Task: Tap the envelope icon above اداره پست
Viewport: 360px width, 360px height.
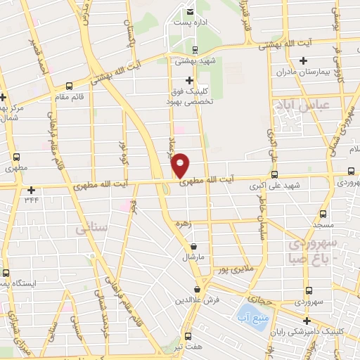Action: coord(191,11)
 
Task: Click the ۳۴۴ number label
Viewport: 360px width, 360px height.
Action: coord(32,200)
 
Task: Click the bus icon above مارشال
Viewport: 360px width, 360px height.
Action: coord(193,246)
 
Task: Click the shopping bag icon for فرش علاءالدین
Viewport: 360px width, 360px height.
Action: coord(198,289)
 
